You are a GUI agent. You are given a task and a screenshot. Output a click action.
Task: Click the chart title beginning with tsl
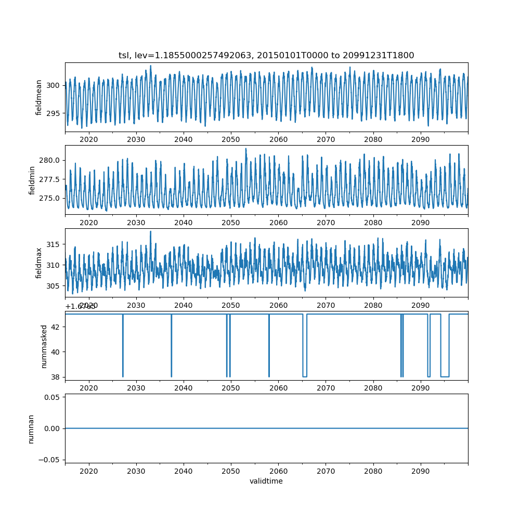pos(266,56)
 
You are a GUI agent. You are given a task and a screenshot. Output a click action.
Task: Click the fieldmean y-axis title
pos(39,97)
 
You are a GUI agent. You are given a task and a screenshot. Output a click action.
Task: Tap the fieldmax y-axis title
pos(39,263)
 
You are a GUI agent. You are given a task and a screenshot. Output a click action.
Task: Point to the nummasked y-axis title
pos(44,346)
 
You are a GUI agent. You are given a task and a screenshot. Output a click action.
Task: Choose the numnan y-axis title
pos(31,428)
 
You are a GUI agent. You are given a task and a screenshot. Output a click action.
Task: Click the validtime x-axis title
pos(266,482)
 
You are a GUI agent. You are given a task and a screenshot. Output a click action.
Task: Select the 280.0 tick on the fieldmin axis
pos(50,160)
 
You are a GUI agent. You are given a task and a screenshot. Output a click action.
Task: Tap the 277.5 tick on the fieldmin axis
pos(50,179)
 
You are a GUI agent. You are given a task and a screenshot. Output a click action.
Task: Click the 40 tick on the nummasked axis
pos(56,352)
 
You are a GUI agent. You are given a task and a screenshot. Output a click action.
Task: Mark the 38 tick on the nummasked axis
pos(56,376)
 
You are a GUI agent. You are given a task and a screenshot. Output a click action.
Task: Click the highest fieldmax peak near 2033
pos(151,231)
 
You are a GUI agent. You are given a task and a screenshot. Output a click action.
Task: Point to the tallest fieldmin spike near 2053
pos(246,149)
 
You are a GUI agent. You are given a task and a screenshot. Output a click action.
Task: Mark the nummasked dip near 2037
pos(171,375)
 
